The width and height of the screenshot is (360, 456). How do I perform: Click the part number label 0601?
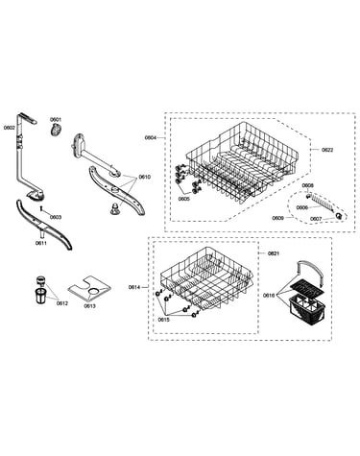[56, 119]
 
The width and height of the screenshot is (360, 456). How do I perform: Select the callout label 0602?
[10, 128]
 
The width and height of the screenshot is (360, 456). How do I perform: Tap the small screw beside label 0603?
[41, 208]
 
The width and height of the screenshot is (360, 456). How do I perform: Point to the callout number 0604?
[151, 137]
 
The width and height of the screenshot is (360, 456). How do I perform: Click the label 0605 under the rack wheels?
[184, 199]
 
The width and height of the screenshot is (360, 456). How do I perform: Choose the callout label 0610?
[144, 177]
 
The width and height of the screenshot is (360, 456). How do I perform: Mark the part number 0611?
[41, 243]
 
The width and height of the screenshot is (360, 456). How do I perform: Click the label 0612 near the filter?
[62, 303]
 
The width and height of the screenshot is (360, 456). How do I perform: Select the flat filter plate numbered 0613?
[89, 289]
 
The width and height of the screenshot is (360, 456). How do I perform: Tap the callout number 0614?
[134, 287]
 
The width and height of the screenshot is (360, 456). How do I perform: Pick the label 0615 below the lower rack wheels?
[163, 320]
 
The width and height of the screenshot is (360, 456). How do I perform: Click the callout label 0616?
[269, 295]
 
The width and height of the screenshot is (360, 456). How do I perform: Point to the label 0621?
[274, 253]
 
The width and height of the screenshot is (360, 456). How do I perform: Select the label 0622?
[327, 150]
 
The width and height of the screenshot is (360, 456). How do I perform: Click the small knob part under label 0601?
[56, 131]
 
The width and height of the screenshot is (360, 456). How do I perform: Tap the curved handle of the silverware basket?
[310, 264]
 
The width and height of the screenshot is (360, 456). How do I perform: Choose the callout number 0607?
[316, 219]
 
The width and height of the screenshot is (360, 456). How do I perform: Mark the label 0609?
[277, 218]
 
